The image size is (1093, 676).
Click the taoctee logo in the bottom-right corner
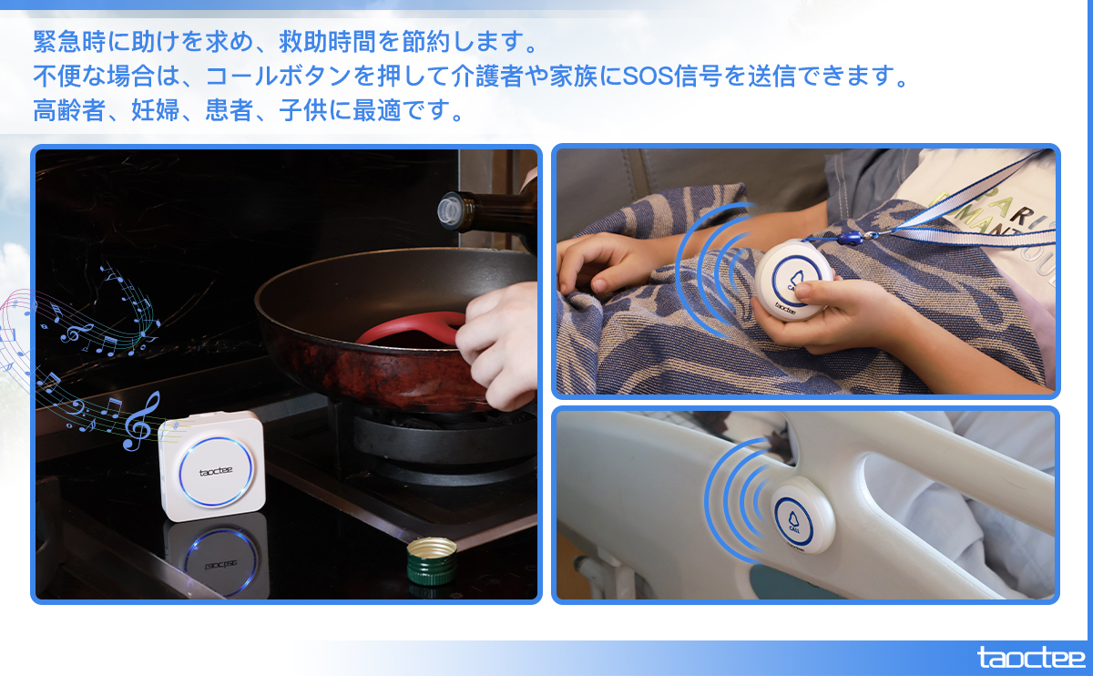(x=1031, y=657)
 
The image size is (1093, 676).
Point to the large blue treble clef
(x=140, y=420)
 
